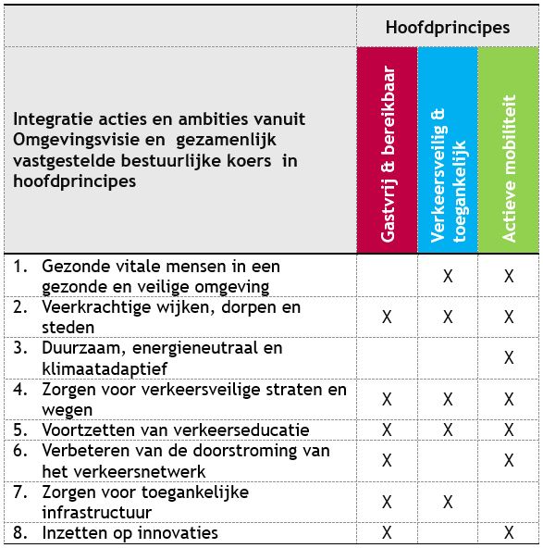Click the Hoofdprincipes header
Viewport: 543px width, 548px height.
click(448, 28)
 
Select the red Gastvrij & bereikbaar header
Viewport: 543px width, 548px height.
click(387, 150)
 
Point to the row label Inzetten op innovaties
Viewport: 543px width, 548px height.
click(130, 532)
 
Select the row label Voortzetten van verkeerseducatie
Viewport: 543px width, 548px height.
click(176, 430)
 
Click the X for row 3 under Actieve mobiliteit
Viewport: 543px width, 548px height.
click(509, 357)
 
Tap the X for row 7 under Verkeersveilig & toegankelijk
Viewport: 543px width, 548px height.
click(448, 502)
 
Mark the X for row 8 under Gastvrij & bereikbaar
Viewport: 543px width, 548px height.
click(387, 532)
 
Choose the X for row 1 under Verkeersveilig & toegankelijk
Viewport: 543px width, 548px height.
click(448, 276)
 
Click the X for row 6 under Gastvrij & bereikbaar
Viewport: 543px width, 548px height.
click(387, 460)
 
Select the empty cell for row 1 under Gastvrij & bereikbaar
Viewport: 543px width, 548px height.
click(387, 276)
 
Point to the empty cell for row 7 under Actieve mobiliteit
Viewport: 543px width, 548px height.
click(509, 502)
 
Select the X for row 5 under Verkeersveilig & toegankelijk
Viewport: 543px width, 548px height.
click(448, 430)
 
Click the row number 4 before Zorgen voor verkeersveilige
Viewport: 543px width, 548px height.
click(19, 390)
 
